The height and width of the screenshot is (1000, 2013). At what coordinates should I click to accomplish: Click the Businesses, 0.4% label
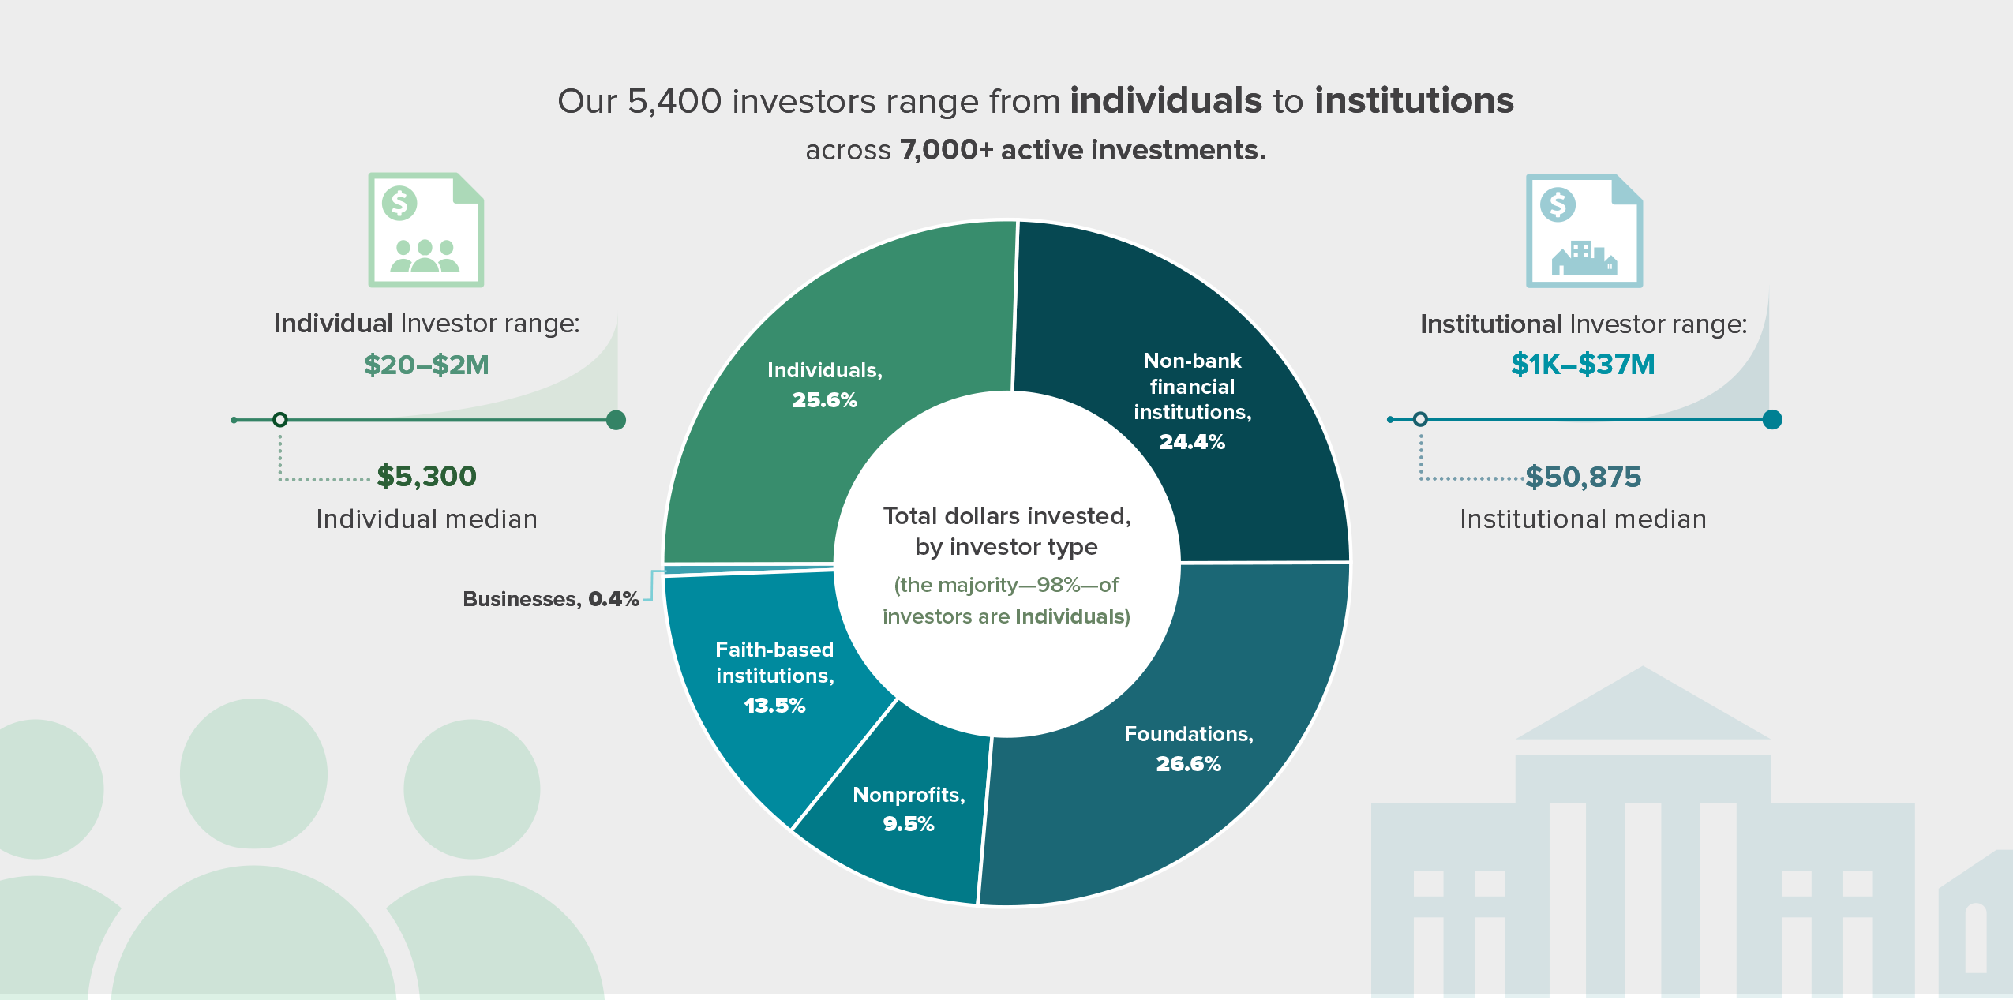550,599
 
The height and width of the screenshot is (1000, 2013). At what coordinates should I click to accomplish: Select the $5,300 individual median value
426,476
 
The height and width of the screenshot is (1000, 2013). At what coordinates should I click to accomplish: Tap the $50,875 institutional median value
1583,477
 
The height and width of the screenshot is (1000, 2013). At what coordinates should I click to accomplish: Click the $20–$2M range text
426,365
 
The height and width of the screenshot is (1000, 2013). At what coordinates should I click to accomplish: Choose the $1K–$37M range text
1583,364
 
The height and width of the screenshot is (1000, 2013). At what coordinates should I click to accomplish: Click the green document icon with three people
426,230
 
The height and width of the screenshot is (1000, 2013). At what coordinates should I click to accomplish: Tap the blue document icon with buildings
1584,230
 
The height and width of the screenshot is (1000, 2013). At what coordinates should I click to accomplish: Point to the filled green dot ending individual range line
616,420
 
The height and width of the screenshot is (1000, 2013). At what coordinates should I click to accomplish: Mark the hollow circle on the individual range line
279,420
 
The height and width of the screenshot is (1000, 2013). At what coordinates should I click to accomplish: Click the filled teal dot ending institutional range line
1771,419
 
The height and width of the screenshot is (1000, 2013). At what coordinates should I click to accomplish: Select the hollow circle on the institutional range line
1420,419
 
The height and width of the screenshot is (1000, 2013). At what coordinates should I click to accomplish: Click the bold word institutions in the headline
1414,101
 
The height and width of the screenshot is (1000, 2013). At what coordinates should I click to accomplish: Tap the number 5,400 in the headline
674,101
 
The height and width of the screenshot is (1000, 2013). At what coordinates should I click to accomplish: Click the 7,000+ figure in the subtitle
946,150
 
